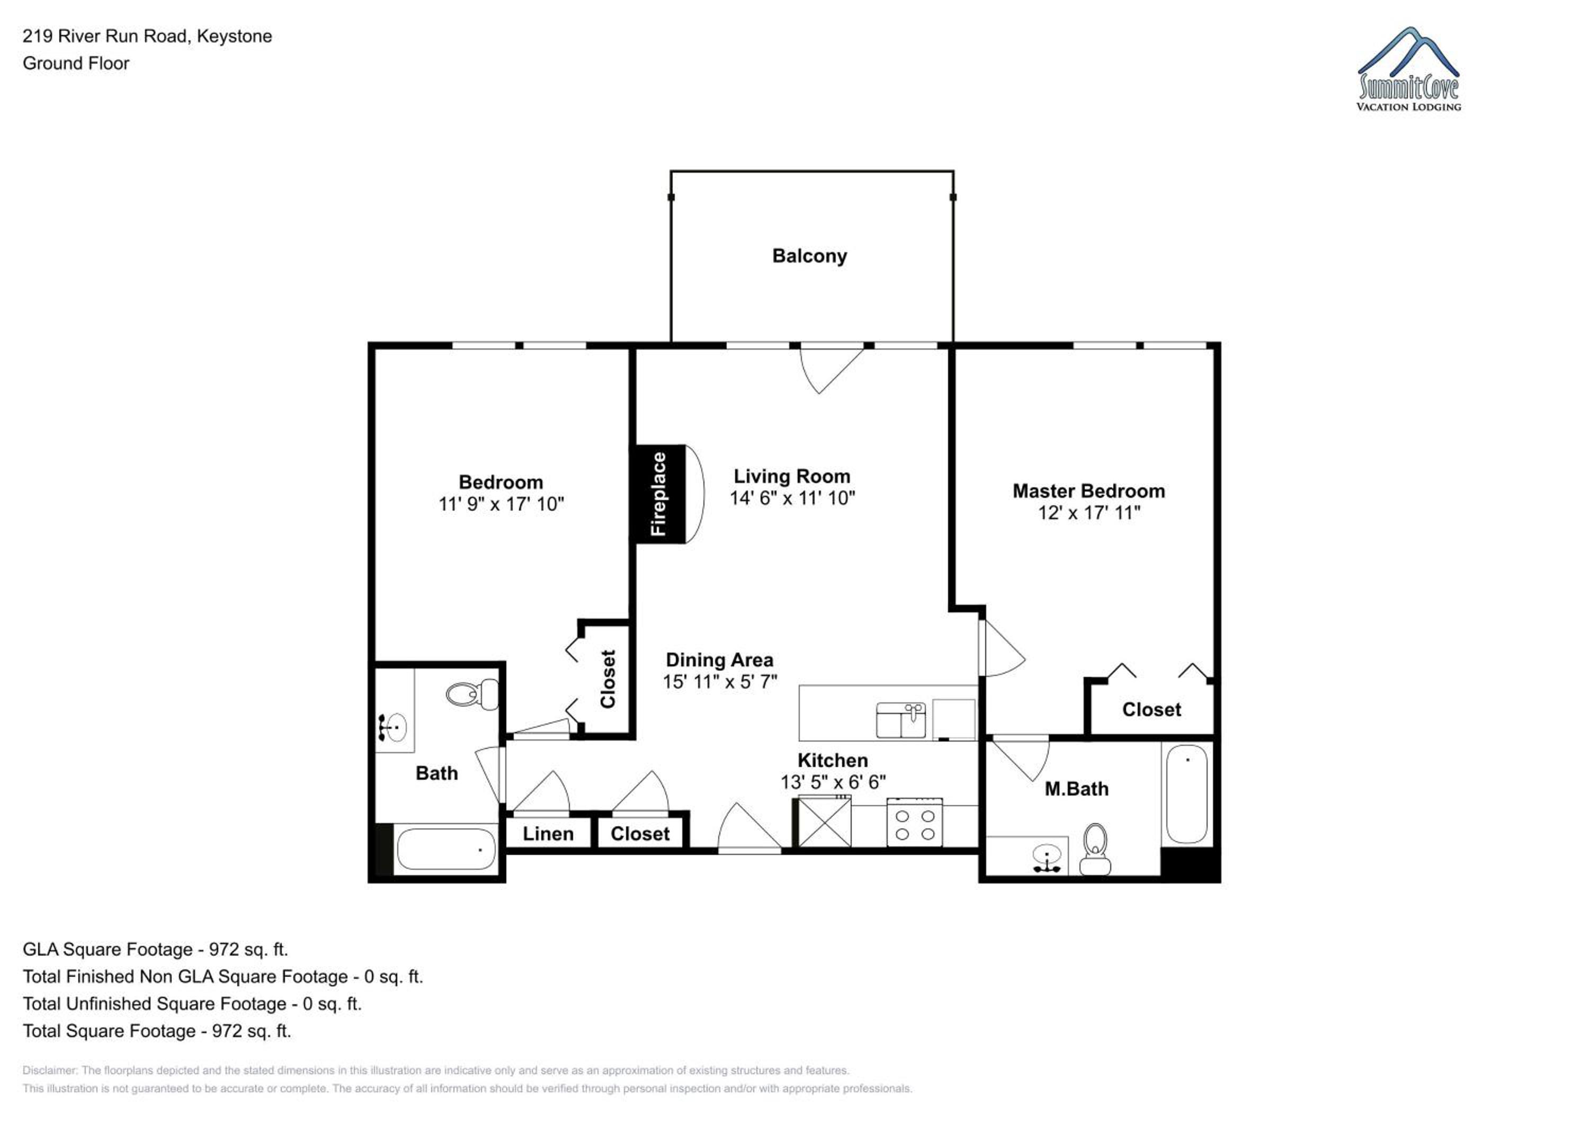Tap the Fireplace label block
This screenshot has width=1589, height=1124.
pyautogui.click(x=659, y=494)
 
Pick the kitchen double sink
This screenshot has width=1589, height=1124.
pyautogui.click(x=900, y=720)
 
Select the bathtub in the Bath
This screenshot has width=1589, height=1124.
pyautogui.click(x=445, y=849)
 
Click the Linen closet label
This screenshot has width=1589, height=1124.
pyautogui.click(x=548, y=834)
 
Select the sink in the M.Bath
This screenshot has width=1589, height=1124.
pyautogui.click(x=1047, y=858)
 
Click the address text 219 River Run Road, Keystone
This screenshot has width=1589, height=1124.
pyautogui.click(x=147, y=37)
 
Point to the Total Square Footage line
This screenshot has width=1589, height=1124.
pyautogui.click(x=157, y=1031)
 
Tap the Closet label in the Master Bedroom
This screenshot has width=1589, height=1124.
pyautogui.click(x=1151, y=709)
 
